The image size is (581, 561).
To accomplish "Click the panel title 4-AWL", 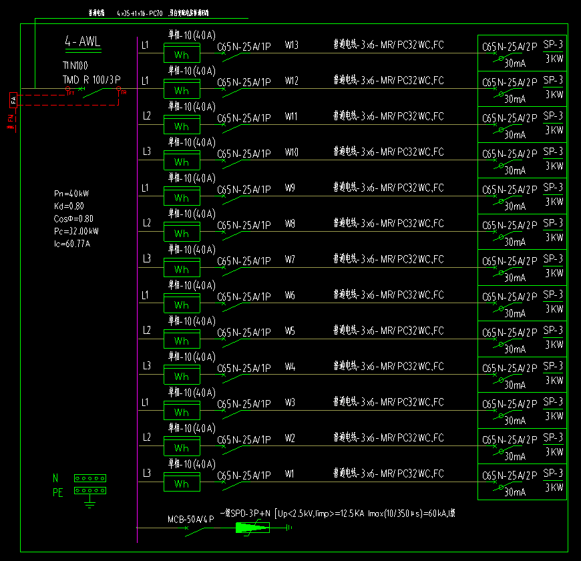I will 83,42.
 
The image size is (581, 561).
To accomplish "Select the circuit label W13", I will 291,45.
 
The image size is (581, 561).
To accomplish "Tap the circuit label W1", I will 290,474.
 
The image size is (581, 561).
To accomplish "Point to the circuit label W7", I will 290,259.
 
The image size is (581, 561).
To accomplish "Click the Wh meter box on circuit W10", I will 182,162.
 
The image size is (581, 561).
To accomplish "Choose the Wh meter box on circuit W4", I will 182,376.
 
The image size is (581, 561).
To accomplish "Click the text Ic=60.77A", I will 71,244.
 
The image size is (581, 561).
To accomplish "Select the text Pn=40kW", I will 71,194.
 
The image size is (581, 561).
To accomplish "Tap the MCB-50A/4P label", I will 190,519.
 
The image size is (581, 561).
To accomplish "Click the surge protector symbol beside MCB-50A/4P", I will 252,528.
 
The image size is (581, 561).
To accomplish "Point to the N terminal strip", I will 90,478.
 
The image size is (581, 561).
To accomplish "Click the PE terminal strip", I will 90,490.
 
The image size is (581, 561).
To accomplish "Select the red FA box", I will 12,100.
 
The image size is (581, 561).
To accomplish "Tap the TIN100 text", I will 75,65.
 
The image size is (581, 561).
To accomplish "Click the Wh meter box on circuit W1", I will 182,484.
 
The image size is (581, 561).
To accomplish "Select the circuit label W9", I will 290,188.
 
